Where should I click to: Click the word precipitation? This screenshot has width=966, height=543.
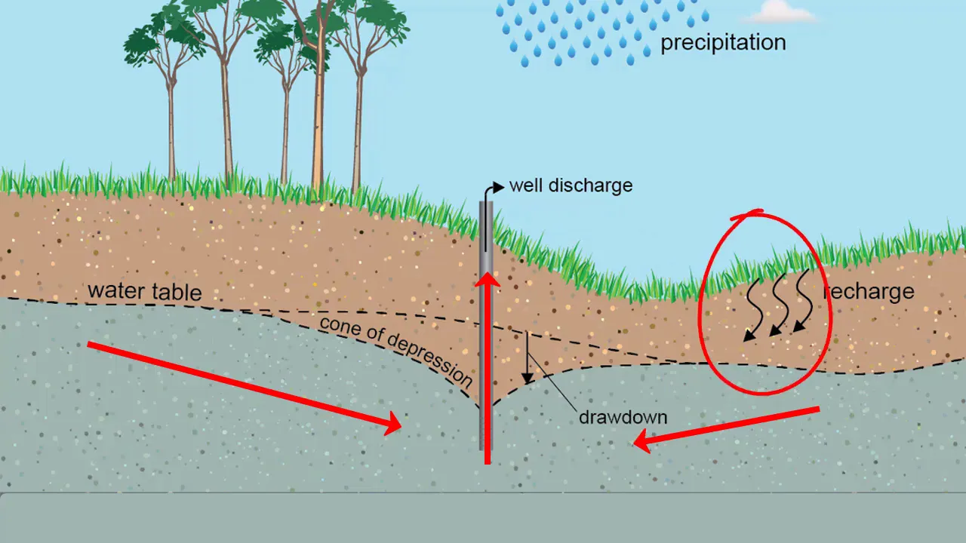pos(723,42)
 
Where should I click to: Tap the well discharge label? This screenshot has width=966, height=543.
pos(571,186)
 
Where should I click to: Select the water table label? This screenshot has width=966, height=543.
pos(145,291)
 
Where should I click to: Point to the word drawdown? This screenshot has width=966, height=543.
pos(623,417)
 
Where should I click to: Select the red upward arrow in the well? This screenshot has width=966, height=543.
pos(488,362)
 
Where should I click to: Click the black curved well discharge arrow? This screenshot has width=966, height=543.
pos(492,190)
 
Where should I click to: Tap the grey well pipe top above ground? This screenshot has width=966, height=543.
pos(488,226)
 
